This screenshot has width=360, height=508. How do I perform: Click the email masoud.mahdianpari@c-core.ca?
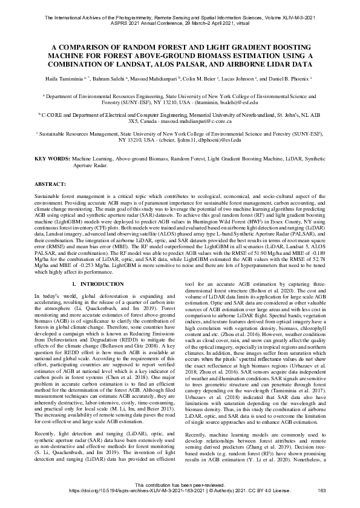click(x=211, y=121)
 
